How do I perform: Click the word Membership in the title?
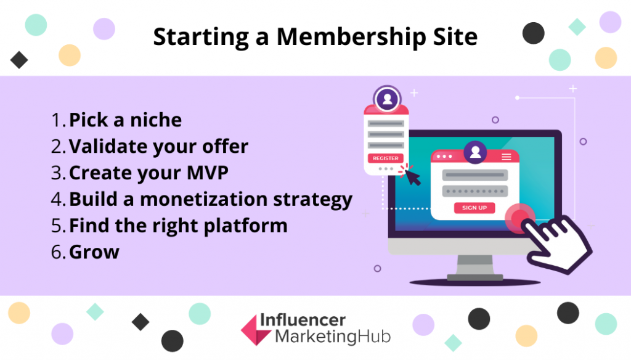tap(351, 37)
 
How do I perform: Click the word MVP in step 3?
tap(208, 173)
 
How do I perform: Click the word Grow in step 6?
tap(94, 253)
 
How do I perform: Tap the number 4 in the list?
tap(57, 199)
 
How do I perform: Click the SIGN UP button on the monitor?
tap(474, 208)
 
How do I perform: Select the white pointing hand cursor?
tap(557, 243)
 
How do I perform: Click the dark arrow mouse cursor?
tap(412, 177)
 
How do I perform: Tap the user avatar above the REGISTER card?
tap(387, 99)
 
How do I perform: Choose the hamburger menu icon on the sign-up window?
tap(507, 157)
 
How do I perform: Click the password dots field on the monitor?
tap(475, 191)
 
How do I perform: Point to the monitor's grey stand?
tap(475, 268)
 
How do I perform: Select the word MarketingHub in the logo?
tap(333, 337)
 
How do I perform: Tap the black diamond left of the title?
tap(19, 60)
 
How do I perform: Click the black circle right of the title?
tap(533, 33)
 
